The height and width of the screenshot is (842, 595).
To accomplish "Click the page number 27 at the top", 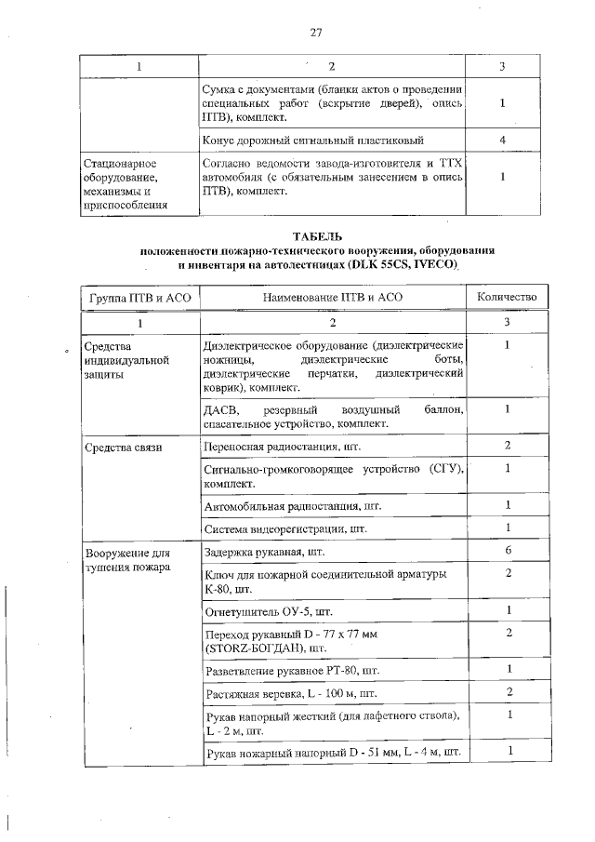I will [x=315, y=33].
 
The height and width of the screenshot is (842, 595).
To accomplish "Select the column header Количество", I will [x=507, y=297].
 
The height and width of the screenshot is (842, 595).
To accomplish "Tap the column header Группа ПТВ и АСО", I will [x=138, y=297].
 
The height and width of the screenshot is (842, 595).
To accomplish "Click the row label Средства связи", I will [x=124, y=448].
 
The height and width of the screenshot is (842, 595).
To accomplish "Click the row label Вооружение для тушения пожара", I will [x=126, y=558].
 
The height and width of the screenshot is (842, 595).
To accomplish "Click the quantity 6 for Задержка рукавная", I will [x=507, y=551].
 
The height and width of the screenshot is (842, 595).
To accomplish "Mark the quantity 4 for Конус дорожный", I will [x=502, y=140].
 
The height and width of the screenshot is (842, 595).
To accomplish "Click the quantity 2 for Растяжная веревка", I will [x=507, y=692].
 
